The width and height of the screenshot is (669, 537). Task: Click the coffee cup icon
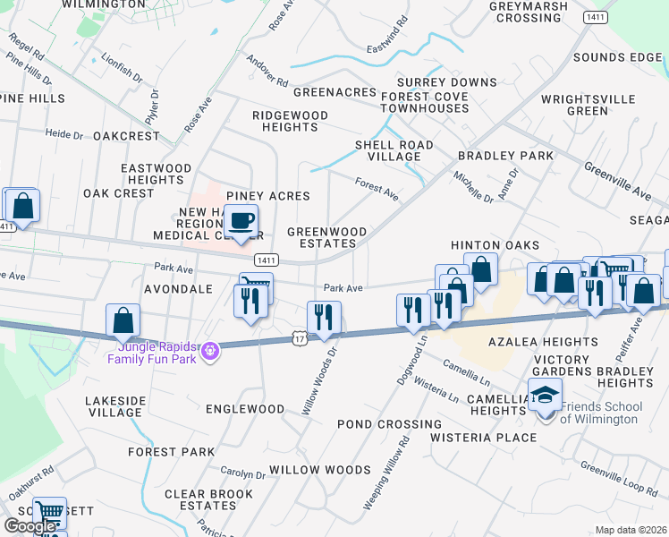[240, 220]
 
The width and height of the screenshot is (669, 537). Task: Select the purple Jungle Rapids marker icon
[209, 351]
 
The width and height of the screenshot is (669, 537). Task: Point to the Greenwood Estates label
[326, 237]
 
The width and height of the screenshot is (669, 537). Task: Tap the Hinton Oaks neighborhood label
[495, 245]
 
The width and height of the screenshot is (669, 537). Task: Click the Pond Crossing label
[389, 423]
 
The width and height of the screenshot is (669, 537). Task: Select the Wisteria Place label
[483, 438]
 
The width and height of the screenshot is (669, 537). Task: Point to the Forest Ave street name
[377, 189]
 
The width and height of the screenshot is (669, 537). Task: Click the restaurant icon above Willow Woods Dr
[323, 316]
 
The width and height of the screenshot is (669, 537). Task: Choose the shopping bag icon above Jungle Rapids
[123, 320]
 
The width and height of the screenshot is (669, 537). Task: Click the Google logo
[30, 526]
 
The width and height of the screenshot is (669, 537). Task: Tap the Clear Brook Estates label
[208, 499]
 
